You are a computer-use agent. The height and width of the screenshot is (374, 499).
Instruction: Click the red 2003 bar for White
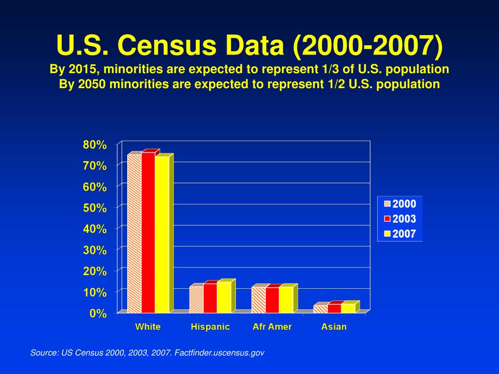[x=148, y=233]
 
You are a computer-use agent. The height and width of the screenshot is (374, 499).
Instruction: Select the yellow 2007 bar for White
[x=162, y=234]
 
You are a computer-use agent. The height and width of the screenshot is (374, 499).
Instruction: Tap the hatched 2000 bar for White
[x=134, y=233]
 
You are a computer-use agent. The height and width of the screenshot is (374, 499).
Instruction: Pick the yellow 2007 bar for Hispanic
[x=224, y=297]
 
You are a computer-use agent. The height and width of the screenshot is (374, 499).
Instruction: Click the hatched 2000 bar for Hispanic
[x=196, y=299]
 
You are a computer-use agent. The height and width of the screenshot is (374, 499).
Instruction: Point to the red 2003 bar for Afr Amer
[x=272, y=300]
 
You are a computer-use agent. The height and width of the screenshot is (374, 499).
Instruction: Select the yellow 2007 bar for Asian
[x=348, y=308]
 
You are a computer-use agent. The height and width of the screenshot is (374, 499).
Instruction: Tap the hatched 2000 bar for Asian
[x=321, y=309]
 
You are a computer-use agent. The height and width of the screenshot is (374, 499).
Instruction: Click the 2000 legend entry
[x=400, y=204]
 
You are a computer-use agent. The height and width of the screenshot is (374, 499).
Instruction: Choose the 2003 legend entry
[x=400, y=219]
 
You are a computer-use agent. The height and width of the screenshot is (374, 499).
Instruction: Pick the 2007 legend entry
[x=400, y=234]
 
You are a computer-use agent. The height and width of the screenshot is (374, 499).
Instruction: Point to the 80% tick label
[x=95, y=145]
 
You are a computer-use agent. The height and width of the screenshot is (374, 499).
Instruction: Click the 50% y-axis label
[x=95, y=208]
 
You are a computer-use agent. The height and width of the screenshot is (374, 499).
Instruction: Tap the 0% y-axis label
[x=98, y=314]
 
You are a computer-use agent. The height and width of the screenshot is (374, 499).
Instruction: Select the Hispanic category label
[x=210, y=327]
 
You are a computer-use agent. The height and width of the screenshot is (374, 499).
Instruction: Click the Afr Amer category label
[x=272, y=327]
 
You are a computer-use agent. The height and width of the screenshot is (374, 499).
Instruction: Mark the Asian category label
[x=334, y=327]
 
